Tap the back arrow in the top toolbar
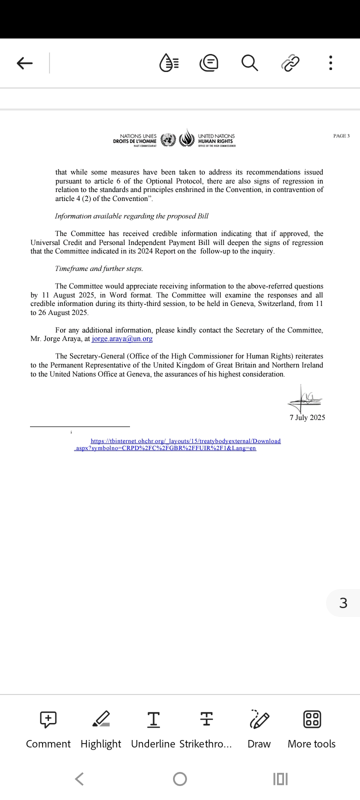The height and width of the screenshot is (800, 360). coord(24,63)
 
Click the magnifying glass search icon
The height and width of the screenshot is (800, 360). coord(249,63)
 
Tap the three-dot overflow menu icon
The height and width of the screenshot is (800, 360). coord(330,63)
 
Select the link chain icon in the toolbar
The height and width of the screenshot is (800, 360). coord(290,63)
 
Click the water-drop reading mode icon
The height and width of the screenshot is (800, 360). coord(168,63)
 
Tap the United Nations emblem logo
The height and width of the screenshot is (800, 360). coord(168,139)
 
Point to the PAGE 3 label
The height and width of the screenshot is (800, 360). coord(341,136)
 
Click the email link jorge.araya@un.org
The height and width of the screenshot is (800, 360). coord(122,338)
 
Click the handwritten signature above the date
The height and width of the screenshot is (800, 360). coord(304,399)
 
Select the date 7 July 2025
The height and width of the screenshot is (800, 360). coord(307,417)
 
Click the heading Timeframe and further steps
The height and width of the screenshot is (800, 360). coord(99,268)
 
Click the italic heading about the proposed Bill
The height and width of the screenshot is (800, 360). coord(131,216)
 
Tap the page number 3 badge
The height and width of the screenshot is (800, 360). coord(343,603)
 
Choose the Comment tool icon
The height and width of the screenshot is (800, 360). coord(48,719)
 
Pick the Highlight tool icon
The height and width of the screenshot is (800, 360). coord(101,719)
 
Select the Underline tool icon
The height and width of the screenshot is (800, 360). coord(153,719)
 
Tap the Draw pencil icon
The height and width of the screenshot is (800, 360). coord(259,719)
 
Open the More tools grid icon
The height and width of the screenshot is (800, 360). coord(312,719)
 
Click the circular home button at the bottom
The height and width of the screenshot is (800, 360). coord(180,779)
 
